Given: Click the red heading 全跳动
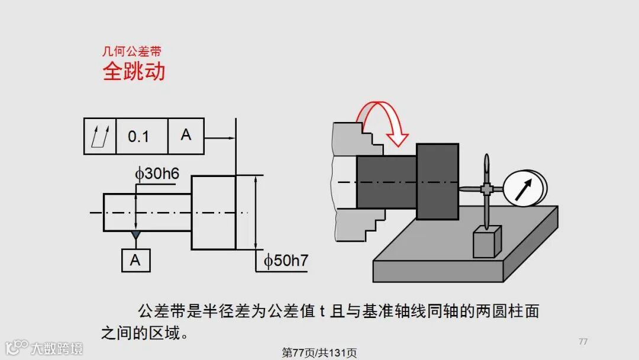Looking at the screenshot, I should click(x=134, y=72).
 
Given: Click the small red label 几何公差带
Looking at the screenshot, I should click(x=131, y=52).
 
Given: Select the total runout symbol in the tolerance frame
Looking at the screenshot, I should click(x=100, y=136).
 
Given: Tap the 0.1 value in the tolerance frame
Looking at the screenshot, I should click(x=138, y=137).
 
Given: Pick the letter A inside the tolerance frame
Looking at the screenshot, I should click(x=186, y=135).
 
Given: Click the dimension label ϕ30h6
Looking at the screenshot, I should click(x=157, y=173).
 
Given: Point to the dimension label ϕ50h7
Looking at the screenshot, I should click(x=286, y=261).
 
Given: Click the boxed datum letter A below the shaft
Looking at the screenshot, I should click(x=135, y=260).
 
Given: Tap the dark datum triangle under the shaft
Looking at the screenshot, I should click(x=136, y=235).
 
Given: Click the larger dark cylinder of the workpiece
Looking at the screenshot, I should click(x=437, y=181).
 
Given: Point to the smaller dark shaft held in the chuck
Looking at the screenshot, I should click(x=386, y=182).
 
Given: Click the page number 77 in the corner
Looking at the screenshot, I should click(x=583, y=341).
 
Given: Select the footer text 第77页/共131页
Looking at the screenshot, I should click(x=319, y=353).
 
